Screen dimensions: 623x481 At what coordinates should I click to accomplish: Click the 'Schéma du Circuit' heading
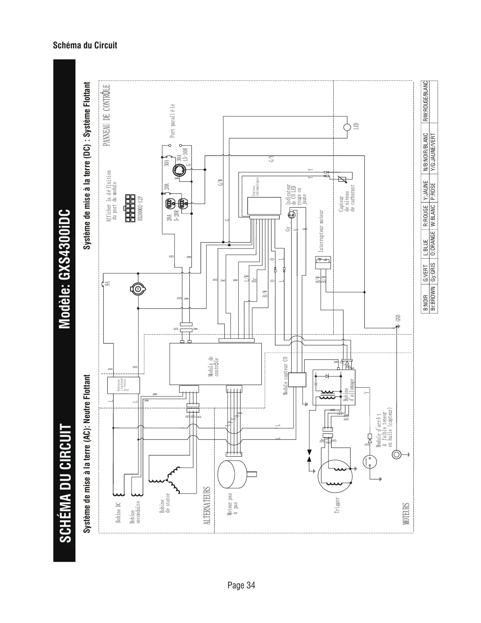point(85,45)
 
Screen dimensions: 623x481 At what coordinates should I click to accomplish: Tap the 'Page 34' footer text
point(241,585)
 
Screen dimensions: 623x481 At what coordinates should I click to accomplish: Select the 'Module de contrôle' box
point(215,364)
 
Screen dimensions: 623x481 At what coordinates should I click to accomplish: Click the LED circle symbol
point(347,127)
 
